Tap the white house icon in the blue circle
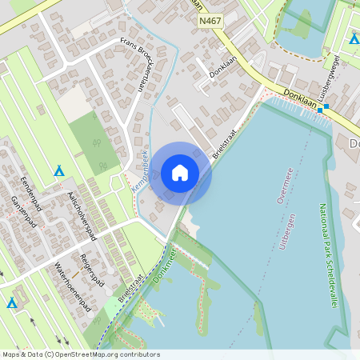pyautogui.click(x=180, y=173)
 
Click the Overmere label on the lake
pyautogui.click(x=284, y=183)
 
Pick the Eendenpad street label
pyautogui.click(x=25, y=194)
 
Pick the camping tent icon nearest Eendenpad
pyautogui.click(x=58, y=170)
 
